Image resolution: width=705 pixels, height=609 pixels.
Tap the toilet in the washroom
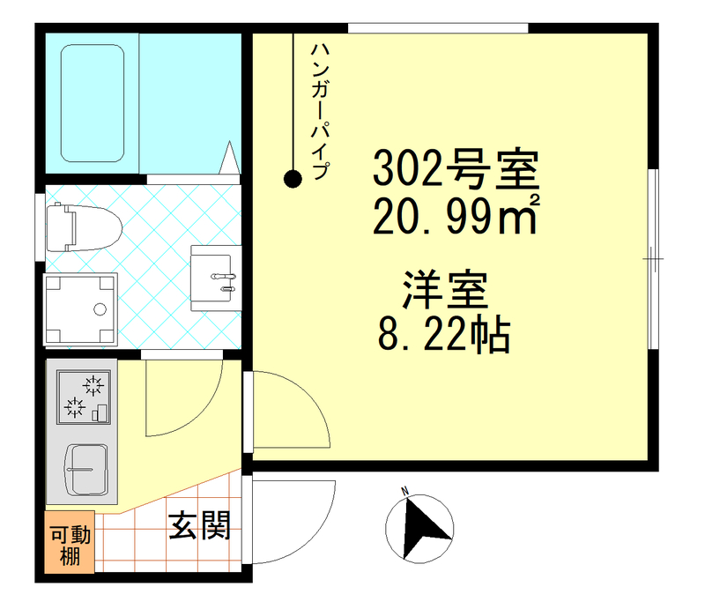[85, 228]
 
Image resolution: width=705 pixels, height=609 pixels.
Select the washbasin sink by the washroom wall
[214, 277]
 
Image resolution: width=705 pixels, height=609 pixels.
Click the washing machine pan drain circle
[100, 309]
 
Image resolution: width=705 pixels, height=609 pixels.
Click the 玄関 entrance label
[199, 527]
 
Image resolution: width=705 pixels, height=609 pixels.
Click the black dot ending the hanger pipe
[292, 180]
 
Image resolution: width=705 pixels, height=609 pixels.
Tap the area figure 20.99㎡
[455, 218]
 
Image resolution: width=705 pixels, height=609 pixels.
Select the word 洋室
[445, 290]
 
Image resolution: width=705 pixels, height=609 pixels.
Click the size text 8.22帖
[444, 334]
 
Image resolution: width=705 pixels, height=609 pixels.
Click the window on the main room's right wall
[653, 259]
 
